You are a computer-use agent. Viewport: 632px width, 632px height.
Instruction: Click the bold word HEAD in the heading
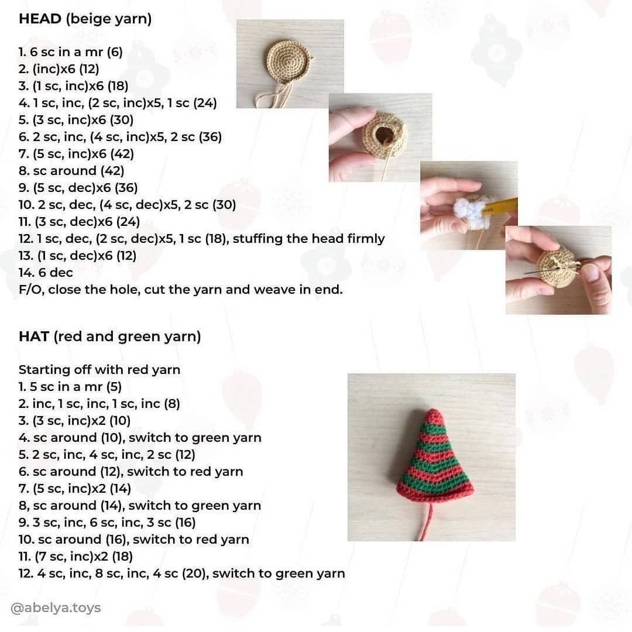point(40,19)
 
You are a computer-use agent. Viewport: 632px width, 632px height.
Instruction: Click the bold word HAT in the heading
point(33,336)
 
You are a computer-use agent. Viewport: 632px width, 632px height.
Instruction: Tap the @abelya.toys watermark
point(56,608)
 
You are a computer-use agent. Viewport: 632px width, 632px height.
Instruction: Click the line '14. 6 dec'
point(46,272)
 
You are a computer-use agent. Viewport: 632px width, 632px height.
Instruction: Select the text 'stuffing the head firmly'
point(308,238)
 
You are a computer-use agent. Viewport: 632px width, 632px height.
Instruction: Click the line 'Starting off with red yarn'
point(99,370)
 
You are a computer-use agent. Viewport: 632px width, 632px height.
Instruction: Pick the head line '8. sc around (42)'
point(71,171)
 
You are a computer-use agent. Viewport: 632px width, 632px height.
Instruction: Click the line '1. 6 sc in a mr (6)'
point(71,52)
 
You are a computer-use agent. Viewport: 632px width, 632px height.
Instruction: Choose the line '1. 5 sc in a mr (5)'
point(70,387)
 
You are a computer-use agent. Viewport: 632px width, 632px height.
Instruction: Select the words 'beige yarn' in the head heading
point(109,19)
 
